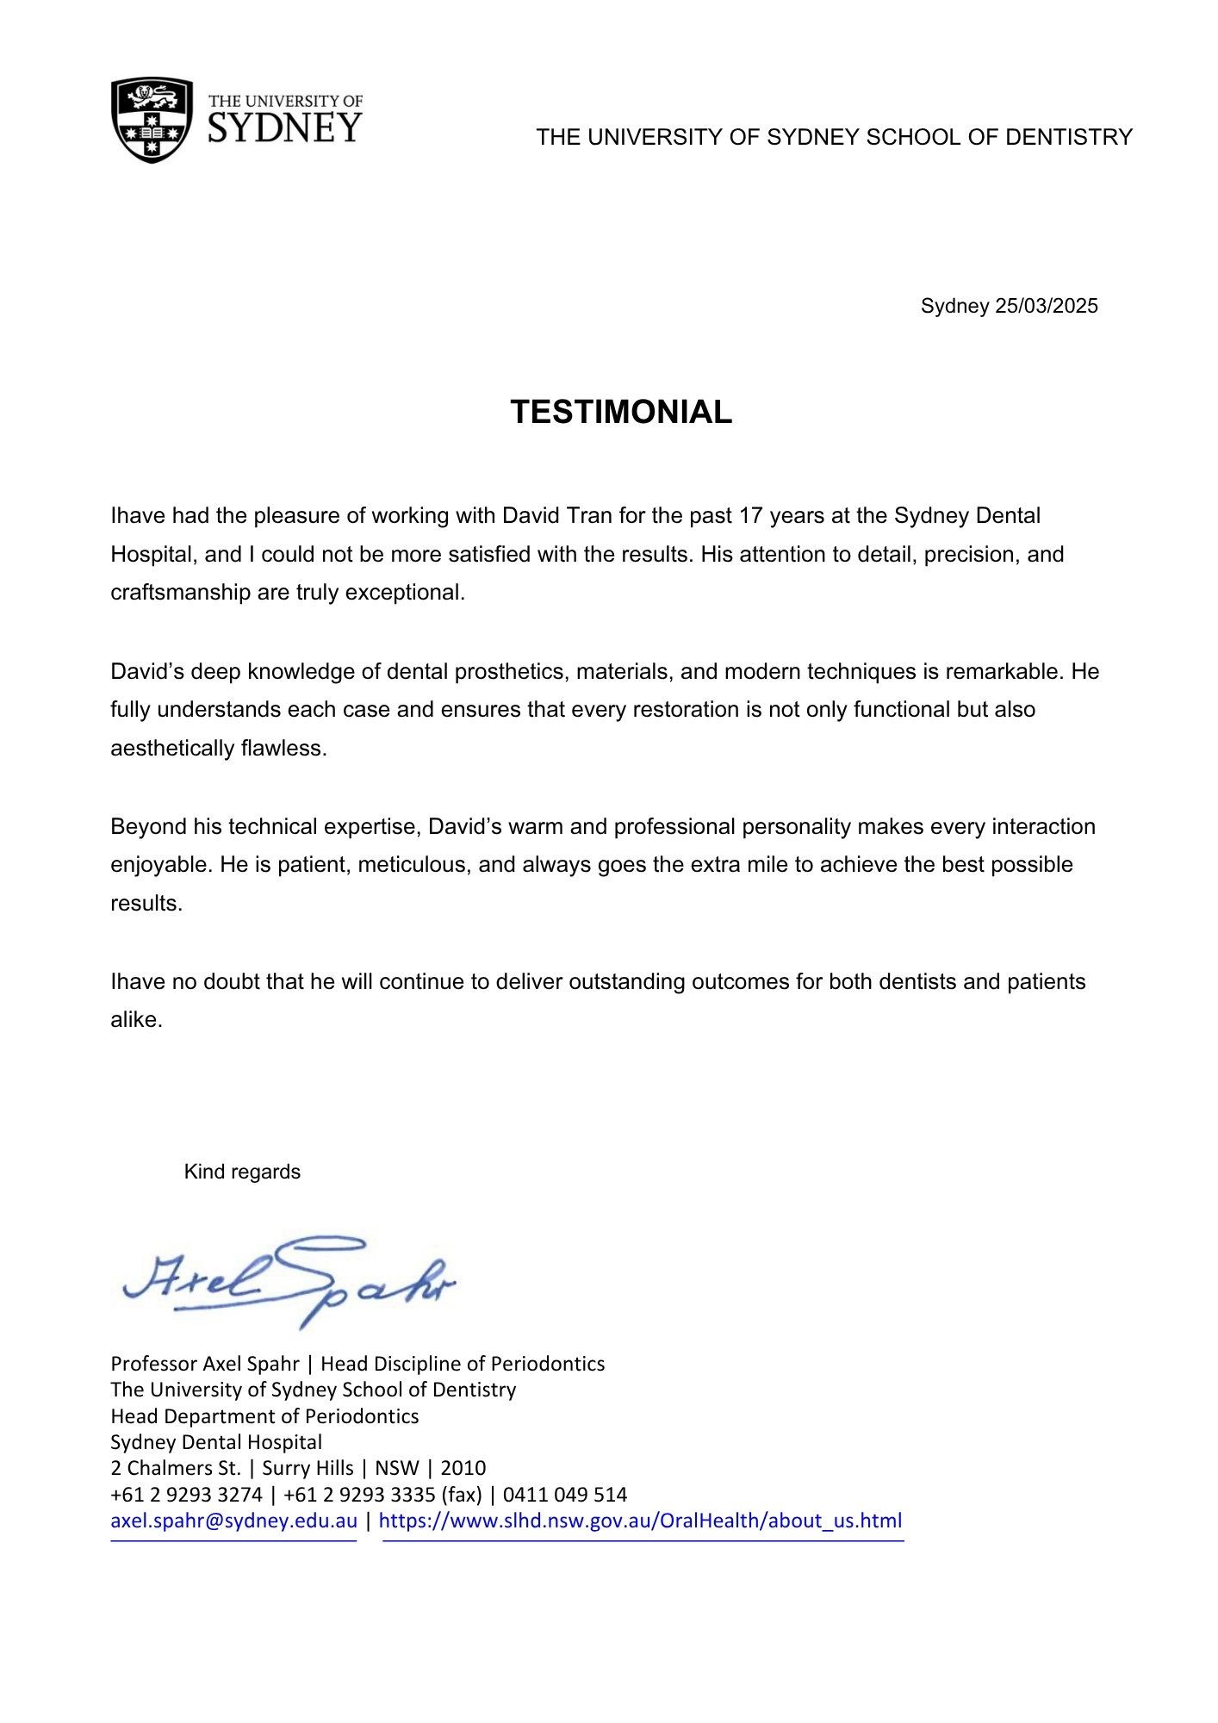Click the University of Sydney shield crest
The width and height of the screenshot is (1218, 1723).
click(x=152, y=120)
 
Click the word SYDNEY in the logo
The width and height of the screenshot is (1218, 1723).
click(x=285, y=128)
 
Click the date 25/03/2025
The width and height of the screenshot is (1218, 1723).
click(x=1046, y=306)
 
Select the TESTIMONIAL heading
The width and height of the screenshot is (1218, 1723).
click(x=621, y=412)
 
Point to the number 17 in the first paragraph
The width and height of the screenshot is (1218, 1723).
click(x=751, y=515)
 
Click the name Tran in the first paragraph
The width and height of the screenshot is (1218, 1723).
click(x=590, y=515)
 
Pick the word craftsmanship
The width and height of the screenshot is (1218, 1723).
click(x=180, y=593)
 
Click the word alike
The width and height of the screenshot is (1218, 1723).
click(x=136, y=1019)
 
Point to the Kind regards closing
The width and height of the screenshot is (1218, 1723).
click(x=242, y=1172)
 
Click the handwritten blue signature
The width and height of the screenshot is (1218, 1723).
click(x=289, y=1279)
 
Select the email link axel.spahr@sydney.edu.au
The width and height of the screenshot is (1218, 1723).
click(x=233, y=1521)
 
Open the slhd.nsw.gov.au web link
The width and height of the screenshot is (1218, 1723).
click(x=640, y=1521)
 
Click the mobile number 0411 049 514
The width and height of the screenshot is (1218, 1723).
click(x=565, y=1495)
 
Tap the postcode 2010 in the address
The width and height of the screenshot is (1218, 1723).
click(x=463, y=1468)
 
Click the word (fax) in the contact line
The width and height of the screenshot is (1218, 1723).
click(x=461, y=1495)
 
